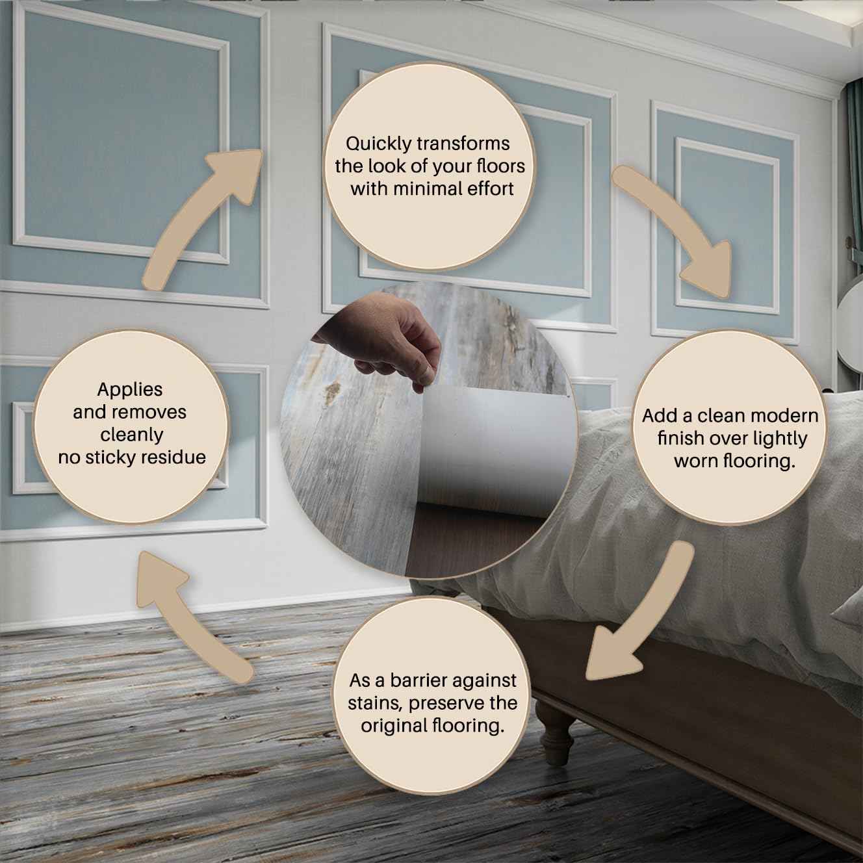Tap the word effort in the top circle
point(491,188)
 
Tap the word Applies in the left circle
point(130,390)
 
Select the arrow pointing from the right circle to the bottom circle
point(645,617)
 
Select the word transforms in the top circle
point(463,144)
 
